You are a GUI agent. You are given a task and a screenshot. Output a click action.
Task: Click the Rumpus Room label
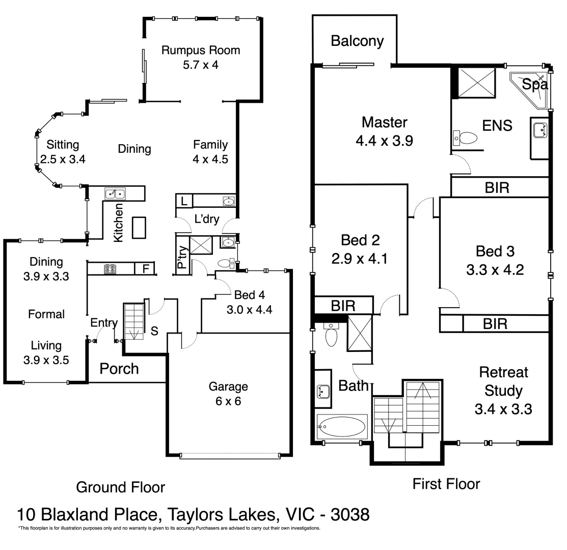[200, 50]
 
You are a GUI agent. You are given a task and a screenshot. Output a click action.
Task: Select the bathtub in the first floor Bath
[342, 426]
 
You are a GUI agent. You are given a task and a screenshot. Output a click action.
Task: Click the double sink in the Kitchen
[115, 194]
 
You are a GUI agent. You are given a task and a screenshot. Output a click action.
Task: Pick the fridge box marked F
[145, 268]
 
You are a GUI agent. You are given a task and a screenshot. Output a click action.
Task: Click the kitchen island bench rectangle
[139, 227]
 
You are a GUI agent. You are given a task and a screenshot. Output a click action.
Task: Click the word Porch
[119, 368]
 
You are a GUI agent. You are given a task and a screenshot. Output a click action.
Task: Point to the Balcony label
[357, 41]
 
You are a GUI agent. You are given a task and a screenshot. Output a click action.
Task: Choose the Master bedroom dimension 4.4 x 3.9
[384, 141]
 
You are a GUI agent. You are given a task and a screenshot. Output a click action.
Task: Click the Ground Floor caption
[120, 487]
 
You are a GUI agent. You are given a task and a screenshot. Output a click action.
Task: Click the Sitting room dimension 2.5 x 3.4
[63, 158]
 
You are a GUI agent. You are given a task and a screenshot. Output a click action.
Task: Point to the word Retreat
[503, 372]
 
